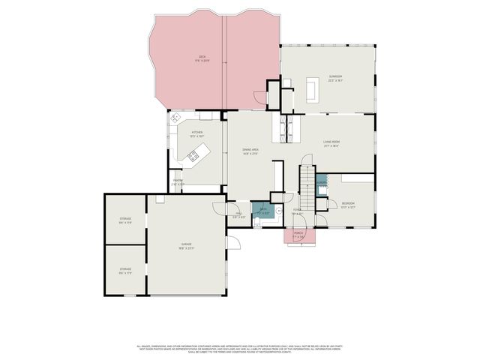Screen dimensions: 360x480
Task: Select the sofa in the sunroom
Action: pyautogui.click(x=310, y=90)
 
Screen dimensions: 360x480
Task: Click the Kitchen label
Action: pyautogui.click(x=197, y=134)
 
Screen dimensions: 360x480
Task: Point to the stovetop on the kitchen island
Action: pyautogui.click(x=193, y=156)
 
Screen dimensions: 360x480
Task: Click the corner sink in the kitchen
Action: pyautogui.click(x=176, y=118)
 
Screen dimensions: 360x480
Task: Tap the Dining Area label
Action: pyautogui.click(x=250, y=151)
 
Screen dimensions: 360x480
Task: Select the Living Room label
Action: pyautogui.click(x=331, y=144)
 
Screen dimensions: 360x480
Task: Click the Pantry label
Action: pyautogui.click(x=178, y=181)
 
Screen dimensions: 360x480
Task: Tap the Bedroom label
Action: pyautogui.click(x=349, y=205)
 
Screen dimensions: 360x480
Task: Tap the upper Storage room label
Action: pyautogui.click(x=125, y=220)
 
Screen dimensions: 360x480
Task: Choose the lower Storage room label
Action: pyautogui.click(x=125, y=270)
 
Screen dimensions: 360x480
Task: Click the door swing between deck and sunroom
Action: pyautogui.click(x=259, y=98)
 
